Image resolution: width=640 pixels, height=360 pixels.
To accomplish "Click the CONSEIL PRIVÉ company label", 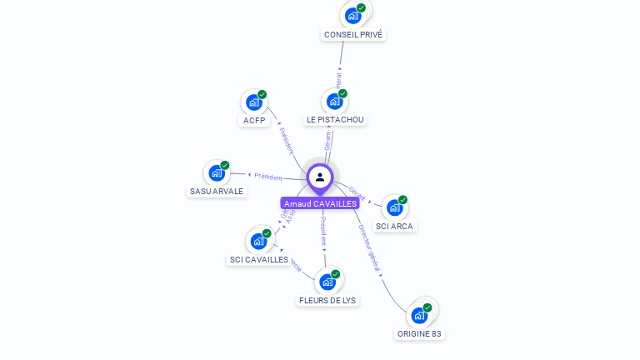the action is coord(354,35).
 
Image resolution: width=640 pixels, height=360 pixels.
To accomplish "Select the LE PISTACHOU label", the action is coord(335,119).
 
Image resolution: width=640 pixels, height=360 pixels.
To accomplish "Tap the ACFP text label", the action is coord(254,120).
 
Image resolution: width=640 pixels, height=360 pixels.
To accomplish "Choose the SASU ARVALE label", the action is coord(217,191).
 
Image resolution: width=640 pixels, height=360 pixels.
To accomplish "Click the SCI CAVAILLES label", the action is coord(259,259).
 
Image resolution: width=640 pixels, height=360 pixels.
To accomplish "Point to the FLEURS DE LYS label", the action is coord(327,300).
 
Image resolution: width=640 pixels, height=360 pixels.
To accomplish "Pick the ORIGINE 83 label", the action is coord(419,333).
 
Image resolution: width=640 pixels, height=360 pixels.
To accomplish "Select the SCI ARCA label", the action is coord(394,226).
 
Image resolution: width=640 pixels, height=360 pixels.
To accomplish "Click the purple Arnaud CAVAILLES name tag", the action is coord(320,203).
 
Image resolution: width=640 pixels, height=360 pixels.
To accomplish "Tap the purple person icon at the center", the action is coord(320,177).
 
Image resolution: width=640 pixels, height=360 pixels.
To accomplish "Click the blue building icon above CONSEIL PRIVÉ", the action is coord(353,15).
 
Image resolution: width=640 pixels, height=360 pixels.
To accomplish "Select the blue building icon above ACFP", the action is coord(252,102).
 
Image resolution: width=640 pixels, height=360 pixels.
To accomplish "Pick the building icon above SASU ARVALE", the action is coord(216,172).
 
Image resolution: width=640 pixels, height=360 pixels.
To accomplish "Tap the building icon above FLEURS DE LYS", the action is coord(327,282).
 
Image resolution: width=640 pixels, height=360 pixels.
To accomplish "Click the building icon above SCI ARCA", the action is coord(393,207).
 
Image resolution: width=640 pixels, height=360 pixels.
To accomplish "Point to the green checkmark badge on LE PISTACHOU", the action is coord(342,93).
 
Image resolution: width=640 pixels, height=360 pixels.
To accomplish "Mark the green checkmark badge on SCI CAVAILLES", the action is coord(267,233).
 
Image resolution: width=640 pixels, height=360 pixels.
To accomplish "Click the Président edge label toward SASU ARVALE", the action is coord(268,177).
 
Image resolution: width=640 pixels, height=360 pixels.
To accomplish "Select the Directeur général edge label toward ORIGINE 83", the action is coord(368,247).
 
